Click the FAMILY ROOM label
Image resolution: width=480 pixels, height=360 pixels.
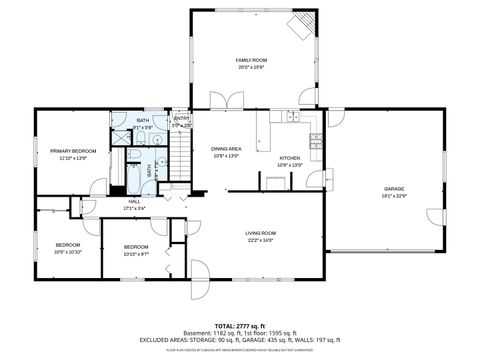pyautogui.click(x=251, y=60)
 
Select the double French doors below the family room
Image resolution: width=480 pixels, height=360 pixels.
pyautogui.click(x=226, y=100)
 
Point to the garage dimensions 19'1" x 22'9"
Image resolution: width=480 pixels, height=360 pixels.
pyautogui.click(x=394, y=195)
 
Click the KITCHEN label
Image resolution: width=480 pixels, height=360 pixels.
pyautogui.click(x=290, y=158)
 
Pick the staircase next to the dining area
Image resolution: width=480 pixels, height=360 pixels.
pyautogui.click(x=179, y=155)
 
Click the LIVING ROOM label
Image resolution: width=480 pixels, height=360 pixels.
pyautogui.click(x=260, y=233)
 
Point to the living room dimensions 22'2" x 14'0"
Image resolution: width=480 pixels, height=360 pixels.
pyautogui.click(x=260, y=240)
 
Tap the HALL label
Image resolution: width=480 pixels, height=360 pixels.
pyautogui.click(x=134, y=201)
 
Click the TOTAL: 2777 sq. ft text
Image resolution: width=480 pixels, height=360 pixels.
pyautogui.click(x=240, y=326)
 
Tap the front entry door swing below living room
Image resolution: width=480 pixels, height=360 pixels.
pyautogui.click(x=199, y=272)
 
